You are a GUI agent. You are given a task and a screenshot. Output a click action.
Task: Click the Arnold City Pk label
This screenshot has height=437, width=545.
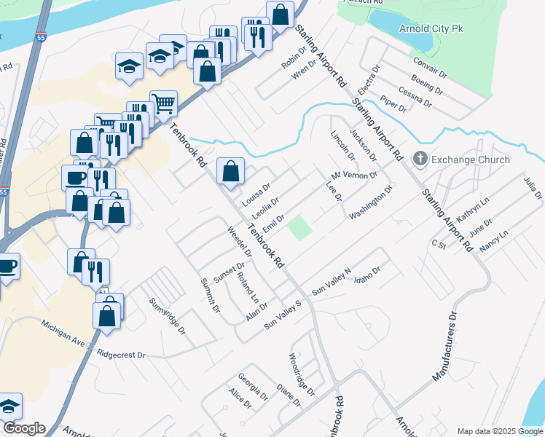point(431,29)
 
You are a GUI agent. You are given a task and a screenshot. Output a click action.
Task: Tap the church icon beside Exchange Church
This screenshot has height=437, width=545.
point(420,159)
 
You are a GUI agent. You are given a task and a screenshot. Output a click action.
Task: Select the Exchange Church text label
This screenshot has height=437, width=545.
point(471,160)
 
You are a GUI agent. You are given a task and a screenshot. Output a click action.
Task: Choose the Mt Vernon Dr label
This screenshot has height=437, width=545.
point(355,176)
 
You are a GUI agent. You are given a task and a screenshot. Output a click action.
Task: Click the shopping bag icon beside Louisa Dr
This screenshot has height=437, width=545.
point(230,173)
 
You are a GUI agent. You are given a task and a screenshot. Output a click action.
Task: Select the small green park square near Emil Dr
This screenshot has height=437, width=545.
point(299,228)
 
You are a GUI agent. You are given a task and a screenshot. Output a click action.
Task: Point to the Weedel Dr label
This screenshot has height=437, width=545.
point(239,243)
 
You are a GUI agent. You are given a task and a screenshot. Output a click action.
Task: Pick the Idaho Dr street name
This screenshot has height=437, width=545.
point(366,277)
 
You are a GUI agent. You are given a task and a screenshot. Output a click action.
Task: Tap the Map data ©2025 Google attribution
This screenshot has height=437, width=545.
point(500,431)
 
